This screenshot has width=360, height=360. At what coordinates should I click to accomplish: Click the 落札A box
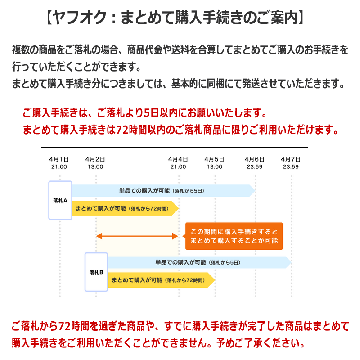60,200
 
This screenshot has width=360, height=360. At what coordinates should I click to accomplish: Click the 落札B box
96,272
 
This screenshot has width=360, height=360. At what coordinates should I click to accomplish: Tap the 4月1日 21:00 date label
59,163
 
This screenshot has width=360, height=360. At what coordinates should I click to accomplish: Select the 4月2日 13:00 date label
95,163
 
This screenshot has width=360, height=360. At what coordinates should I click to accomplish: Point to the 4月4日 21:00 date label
178,163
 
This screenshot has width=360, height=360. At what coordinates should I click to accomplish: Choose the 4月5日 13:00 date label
215,163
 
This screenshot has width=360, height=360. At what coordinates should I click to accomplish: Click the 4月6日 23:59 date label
255,163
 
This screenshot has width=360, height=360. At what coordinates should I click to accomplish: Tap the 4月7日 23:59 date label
291,163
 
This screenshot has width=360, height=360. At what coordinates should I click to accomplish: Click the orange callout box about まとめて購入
234,236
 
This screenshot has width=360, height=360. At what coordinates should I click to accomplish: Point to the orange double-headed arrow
137,236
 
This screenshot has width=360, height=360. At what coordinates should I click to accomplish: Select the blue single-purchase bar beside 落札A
163,190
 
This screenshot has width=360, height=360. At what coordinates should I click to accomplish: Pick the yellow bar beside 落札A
126,208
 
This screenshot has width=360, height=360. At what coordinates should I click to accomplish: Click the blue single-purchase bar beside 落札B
200,262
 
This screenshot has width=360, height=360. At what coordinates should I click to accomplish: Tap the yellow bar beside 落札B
162,280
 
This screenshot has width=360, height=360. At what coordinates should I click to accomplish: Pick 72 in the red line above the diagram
122,130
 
